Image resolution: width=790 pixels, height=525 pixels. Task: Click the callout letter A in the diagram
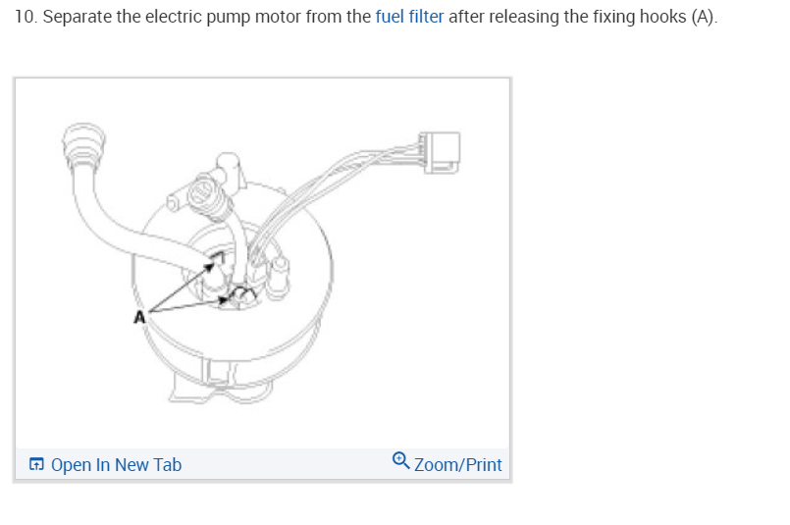[x=139, y=316]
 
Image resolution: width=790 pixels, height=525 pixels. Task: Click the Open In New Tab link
[x=116, y=464]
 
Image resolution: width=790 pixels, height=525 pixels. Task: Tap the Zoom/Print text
[x=457, y=464]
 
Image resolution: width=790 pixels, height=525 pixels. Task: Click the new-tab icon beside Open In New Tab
[x=36, y=464]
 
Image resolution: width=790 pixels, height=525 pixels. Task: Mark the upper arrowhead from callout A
[x=214, y=259]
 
